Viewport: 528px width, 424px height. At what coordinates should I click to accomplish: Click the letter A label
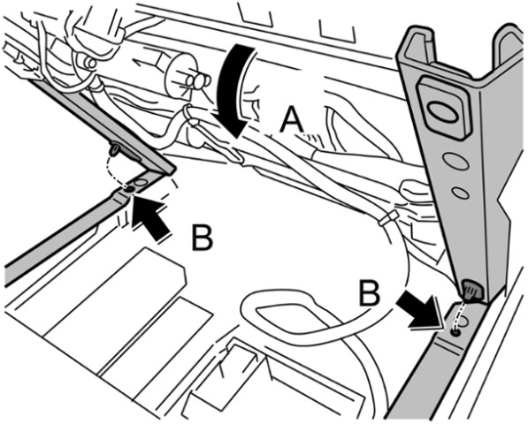[x=292, y=121]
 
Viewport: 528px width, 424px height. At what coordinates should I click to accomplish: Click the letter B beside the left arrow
[x=202, y=238]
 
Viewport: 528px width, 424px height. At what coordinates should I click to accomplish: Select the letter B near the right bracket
[x=370, y=293]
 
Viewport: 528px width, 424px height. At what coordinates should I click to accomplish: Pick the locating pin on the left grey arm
[x=116, y=149]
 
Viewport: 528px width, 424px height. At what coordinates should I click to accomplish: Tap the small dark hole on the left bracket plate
[x=129, y=189]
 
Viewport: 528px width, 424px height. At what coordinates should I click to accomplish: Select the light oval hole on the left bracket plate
[x=141, y=183]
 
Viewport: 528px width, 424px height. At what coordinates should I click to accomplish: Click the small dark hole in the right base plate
[x=455, y=333]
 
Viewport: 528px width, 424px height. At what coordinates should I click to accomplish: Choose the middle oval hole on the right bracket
[x=456, y=161]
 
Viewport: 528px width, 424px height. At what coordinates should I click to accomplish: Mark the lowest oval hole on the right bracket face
[x=461, y=193]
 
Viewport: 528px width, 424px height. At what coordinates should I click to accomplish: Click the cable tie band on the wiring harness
[x=388, y=218]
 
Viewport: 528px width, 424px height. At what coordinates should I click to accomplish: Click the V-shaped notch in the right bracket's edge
[x=501, y=208]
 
